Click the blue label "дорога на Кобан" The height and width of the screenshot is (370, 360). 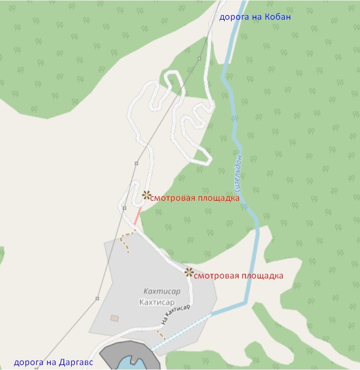255,17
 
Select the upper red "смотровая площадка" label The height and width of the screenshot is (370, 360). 194,198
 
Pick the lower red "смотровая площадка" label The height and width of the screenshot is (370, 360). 239,276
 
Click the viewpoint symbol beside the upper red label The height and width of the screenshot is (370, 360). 146,195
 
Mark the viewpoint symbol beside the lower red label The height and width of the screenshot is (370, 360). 189,272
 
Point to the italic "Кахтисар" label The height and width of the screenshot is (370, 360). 162,291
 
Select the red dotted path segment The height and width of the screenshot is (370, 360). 138,216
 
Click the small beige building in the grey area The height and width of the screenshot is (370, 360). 115,318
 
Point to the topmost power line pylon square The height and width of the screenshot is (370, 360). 199,59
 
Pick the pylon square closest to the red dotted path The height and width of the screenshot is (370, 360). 124,208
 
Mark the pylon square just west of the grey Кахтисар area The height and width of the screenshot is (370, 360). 97,298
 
